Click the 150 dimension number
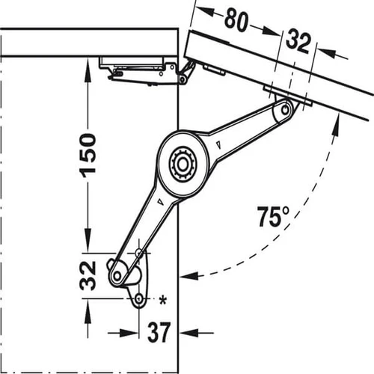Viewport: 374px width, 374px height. click(x=88, y=156)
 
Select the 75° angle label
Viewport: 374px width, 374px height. click(x=273, y=216)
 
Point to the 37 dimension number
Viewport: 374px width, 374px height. click(x=159, y=332)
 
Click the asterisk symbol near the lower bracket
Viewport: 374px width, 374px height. click(x=163, y=300)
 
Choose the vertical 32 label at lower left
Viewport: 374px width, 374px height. click(x=88, y=275)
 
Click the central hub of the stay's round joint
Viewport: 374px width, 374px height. click(x=183, y=163)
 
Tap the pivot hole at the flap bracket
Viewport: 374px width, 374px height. click(x=285, y=109)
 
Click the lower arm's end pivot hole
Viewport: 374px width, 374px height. click(x=117, y=275)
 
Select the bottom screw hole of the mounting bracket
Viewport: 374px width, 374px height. click(x=138, y=298)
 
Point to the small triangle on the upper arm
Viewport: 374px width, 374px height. click(x=219, y=145)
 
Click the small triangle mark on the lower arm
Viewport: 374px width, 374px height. click(x=160, y=202)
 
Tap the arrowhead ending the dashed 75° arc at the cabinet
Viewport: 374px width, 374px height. click(x=188, y=276)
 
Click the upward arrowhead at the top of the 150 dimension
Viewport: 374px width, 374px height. click(x=88, y=69)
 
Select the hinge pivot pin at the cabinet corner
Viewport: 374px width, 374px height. click(x=183, y=79)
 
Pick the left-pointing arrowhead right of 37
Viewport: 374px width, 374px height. click(x=188, y=332)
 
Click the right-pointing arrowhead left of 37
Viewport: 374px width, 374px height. click(x=129, y=332)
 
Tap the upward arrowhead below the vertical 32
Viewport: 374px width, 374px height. click(x=88, y=310)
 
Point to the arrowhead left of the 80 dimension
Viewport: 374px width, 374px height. click(x=206, y=12)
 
